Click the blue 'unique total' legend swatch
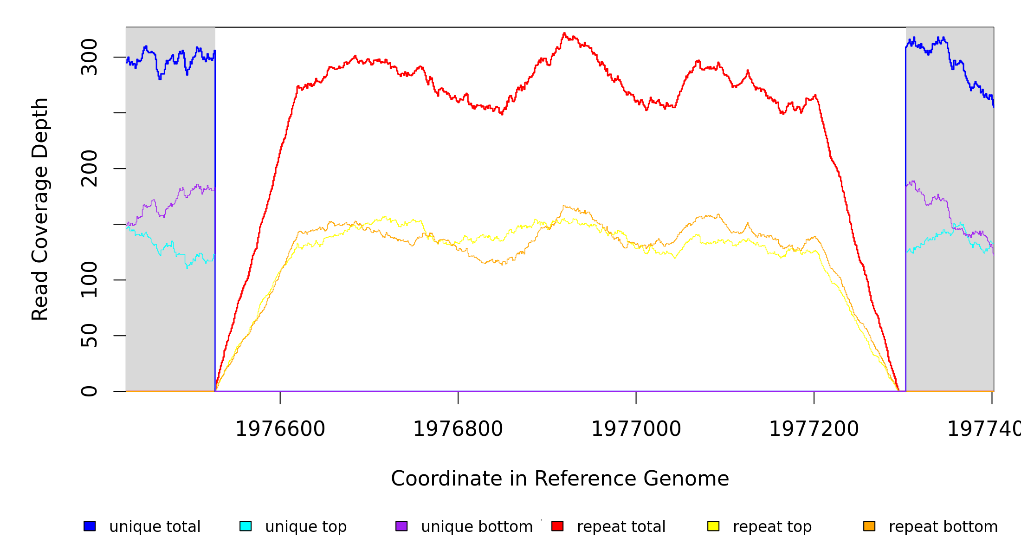point(90,526)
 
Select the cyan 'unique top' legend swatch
point(246,526)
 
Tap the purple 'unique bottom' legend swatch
point(401,526)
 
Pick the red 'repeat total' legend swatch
point(557,526)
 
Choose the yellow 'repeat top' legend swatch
point(713,526)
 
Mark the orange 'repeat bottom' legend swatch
point(869,526)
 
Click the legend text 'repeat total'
point(621,526)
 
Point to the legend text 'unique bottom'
point(477,526)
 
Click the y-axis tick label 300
point(89,57)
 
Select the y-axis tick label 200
point(89,168)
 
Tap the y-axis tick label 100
point(89,280)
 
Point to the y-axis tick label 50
point(89,336)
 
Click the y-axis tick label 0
point(89,391)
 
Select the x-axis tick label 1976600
point(280,429)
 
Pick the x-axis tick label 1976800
point(458,429)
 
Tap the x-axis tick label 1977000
point(636,429)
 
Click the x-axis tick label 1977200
point(814,429)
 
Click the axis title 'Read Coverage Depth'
point(40,209)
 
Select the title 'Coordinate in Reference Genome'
point(560,479)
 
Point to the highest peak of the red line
point(564,33)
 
